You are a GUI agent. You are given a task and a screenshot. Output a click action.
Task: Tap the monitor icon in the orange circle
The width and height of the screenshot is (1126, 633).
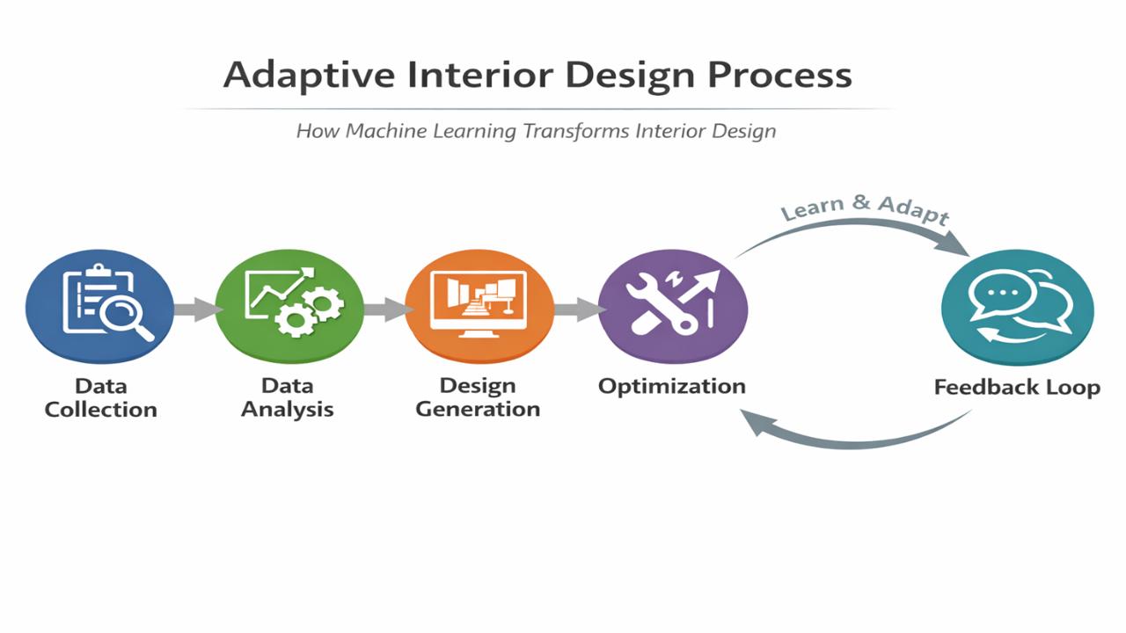479,302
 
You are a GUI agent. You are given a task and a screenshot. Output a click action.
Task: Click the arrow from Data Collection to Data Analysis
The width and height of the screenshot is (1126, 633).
195,308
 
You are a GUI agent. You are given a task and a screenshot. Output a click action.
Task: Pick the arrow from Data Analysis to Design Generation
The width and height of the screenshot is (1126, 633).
385,308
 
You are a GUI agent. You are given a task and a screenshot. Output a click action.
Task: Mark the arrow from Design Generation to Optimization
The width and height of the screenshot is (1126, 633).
577,308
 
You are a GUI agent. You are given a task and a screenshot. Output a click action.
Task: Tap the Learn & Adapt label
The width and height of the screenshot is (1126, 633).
865,212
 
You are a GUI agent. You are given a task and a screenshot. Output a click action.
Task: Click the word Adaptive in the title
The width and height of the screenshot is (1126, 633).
309,75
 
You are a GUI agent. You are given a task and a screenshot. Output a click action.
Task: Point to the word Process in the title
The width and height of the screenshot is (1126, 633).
780,75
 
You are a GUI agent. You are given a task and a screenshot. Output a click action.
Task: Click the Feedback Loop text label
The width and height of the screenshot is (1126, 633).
1017,387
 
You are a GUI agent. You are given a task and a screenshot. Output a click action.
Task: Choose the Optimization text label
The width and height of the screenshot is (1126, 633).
672,385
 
